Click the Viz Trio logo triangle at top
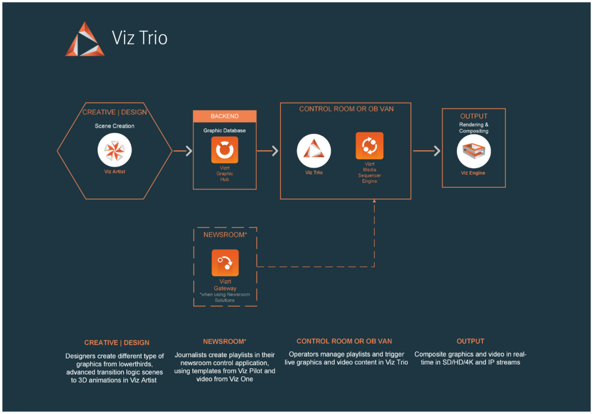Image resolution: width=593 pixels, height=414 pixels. [85, 40]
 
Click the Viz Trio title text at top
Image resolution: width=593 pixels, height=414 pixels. [140, 39]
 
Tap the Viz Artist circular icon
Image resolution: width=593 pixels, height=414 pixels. [115, 151]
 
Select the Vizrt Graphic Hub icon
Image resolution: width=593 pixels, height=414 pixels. [225, 150]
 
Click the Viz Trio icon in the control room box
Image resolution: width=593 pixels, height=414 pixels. [314, 150]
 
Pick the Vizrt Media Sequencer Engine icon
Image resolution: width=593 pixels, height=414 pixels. [369, 146]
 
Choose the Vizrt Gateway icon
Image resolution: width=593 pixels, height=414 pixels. [225, 263]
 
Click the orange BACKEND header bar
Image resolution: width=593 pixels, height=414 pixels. [225, 116]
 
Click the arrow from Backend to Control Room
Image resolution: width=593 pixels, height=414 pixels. [268, 151]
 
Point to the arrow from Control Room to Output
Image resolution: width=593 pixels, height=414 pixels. [427, 151]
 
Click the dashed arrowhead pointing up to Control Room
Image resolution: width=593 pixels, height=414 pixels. [374, 202]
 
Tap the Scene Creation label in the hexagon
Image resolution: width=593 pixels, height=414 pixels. [115, 126]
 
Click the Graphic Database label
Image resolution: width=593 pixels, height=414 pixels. [225, 130]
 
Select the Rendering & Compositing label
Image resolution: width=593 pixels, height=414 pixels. [474, 128]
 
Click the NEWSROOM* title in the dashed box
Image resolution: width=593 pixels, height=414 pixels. [225, 235]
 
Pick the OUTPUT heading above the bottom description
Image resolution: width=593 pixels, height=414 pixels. [470, 341]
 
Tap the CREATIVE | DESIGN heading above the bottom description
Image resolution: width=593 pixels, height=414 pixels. [116, 343]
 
